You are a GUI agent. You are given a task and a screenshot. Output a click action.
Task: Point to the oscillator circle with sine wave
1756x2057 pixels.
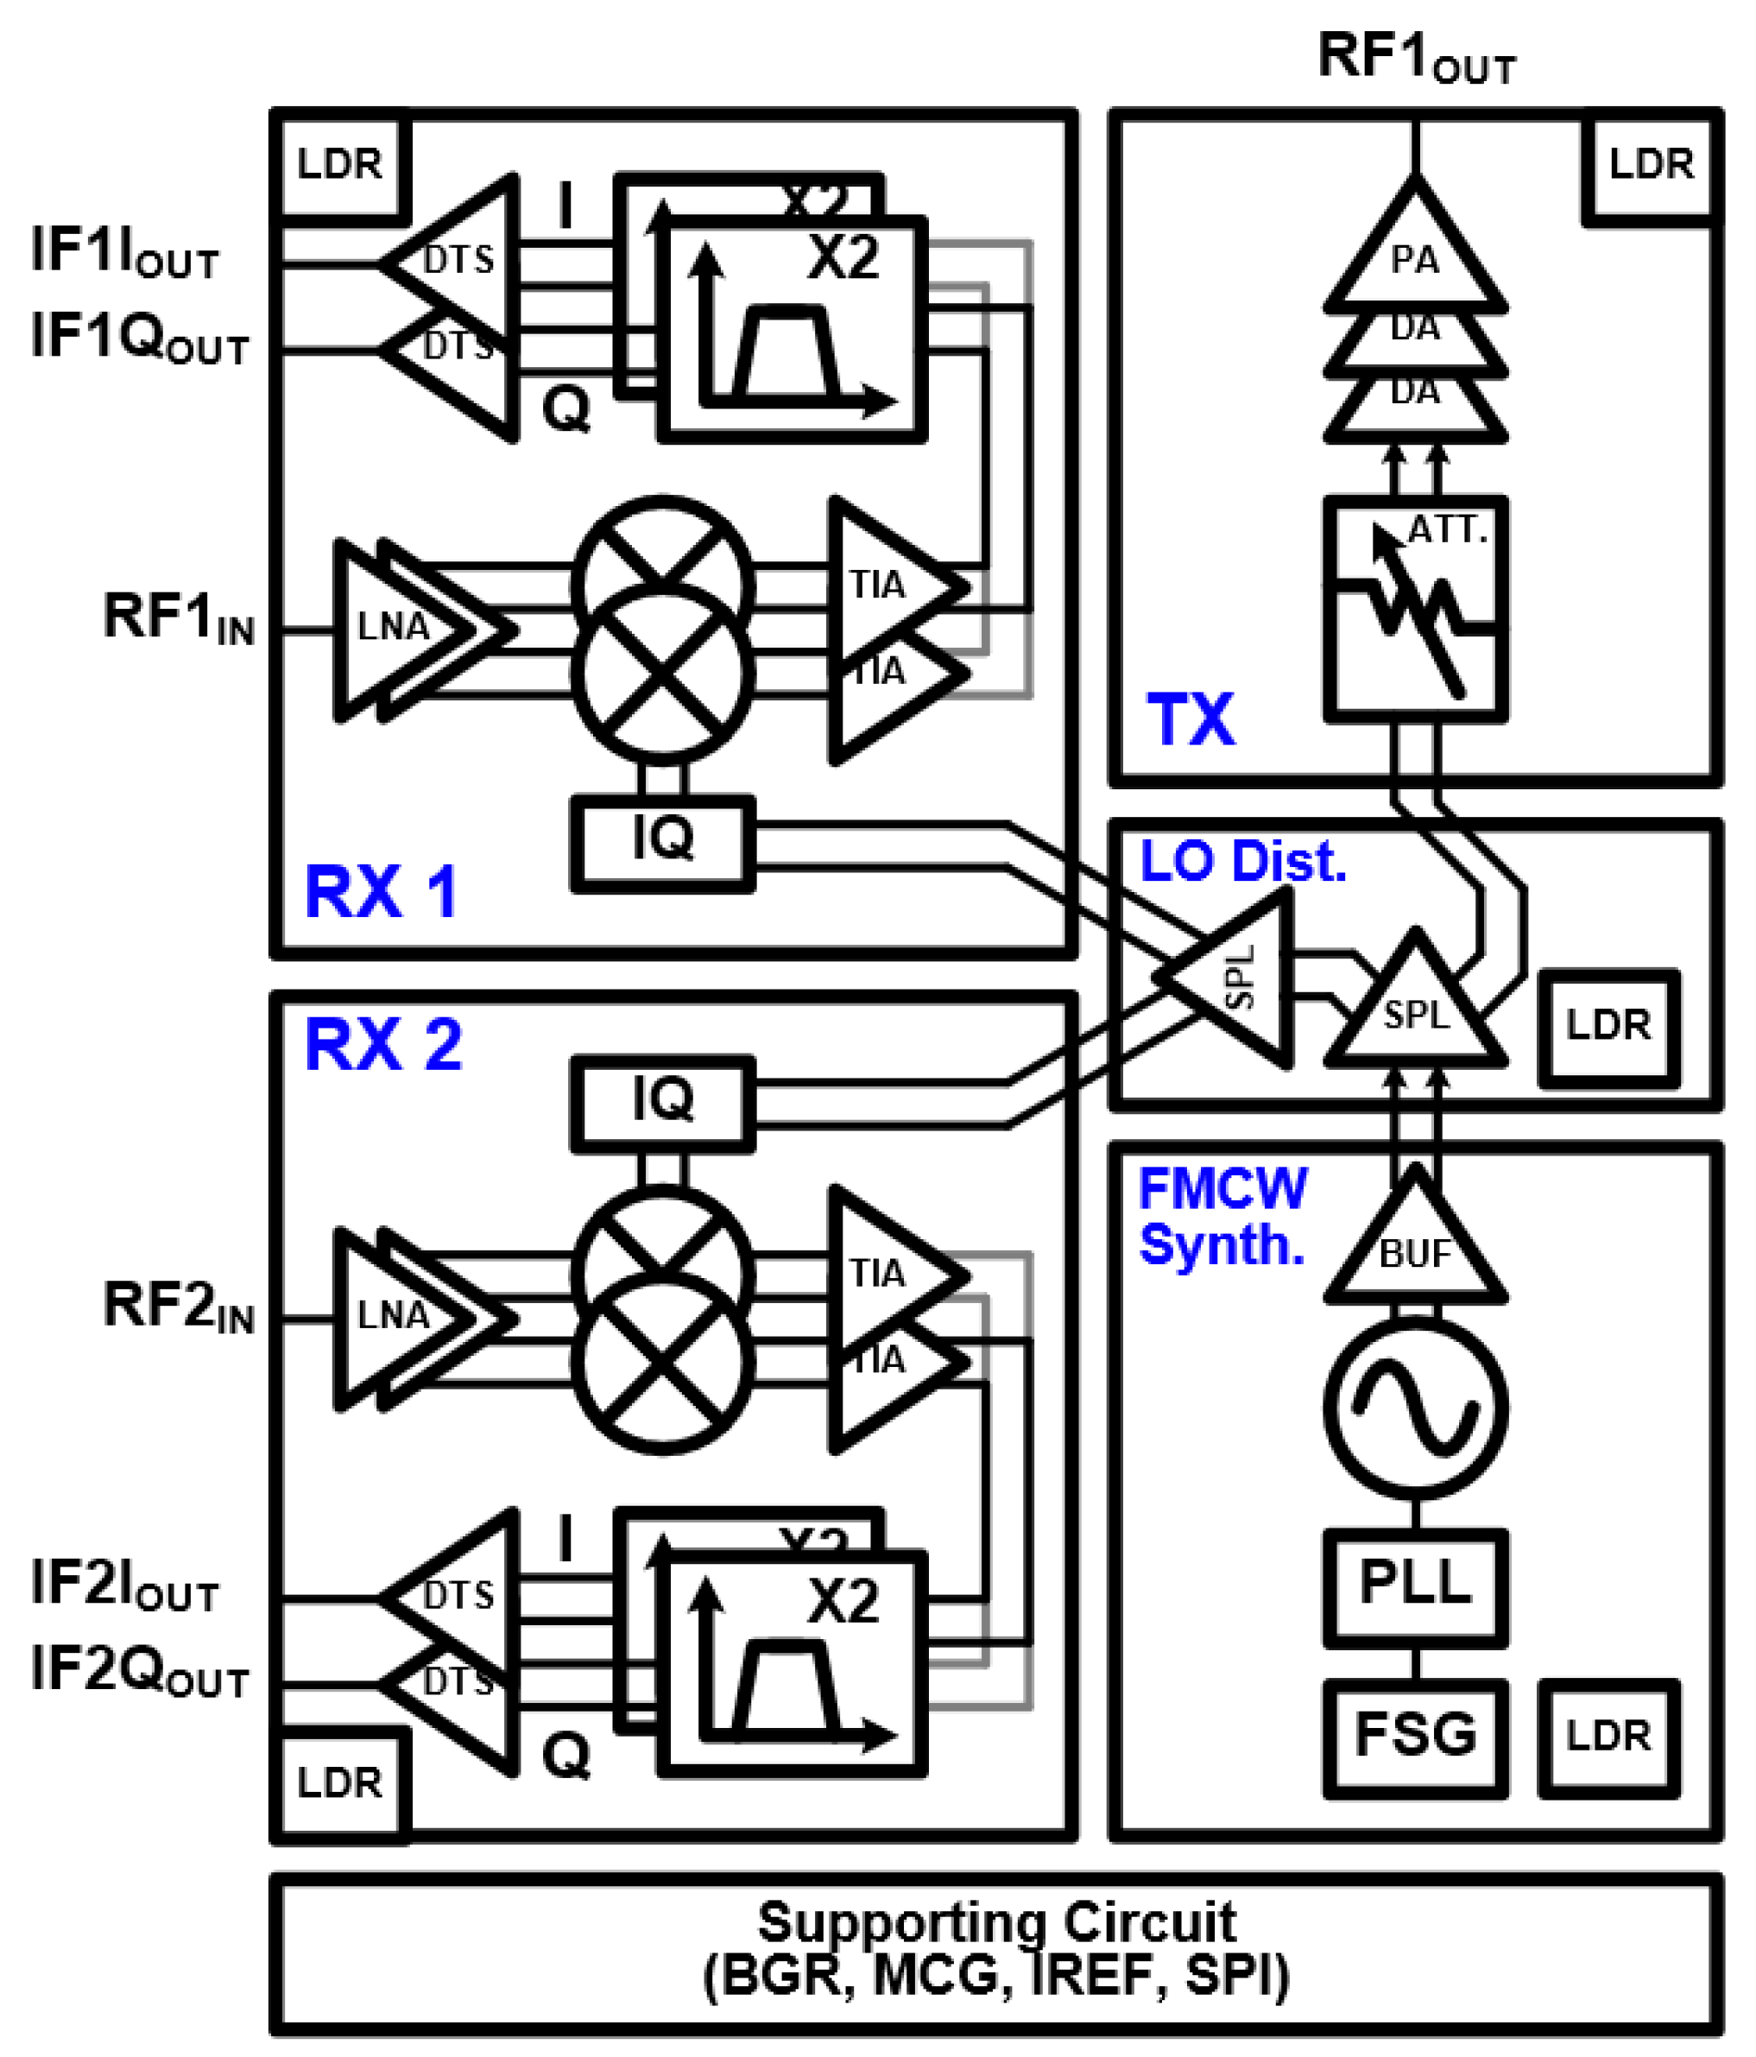tap(1414, 1408)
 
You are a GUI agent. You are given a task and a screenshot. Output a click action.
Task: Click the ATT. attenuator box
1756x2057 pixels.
tap(1414, 609)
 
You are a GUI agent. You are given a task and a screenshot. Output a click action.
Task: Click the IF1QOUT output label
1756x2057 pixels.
tap(139, 339)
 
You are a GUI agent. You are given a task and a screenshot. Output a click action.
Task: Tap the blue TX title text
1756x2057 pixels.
tap(1191, 719)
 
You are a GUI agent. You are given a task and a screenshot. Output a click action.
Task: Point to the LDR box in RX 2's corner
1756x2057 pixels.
tap(339, 1784)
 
